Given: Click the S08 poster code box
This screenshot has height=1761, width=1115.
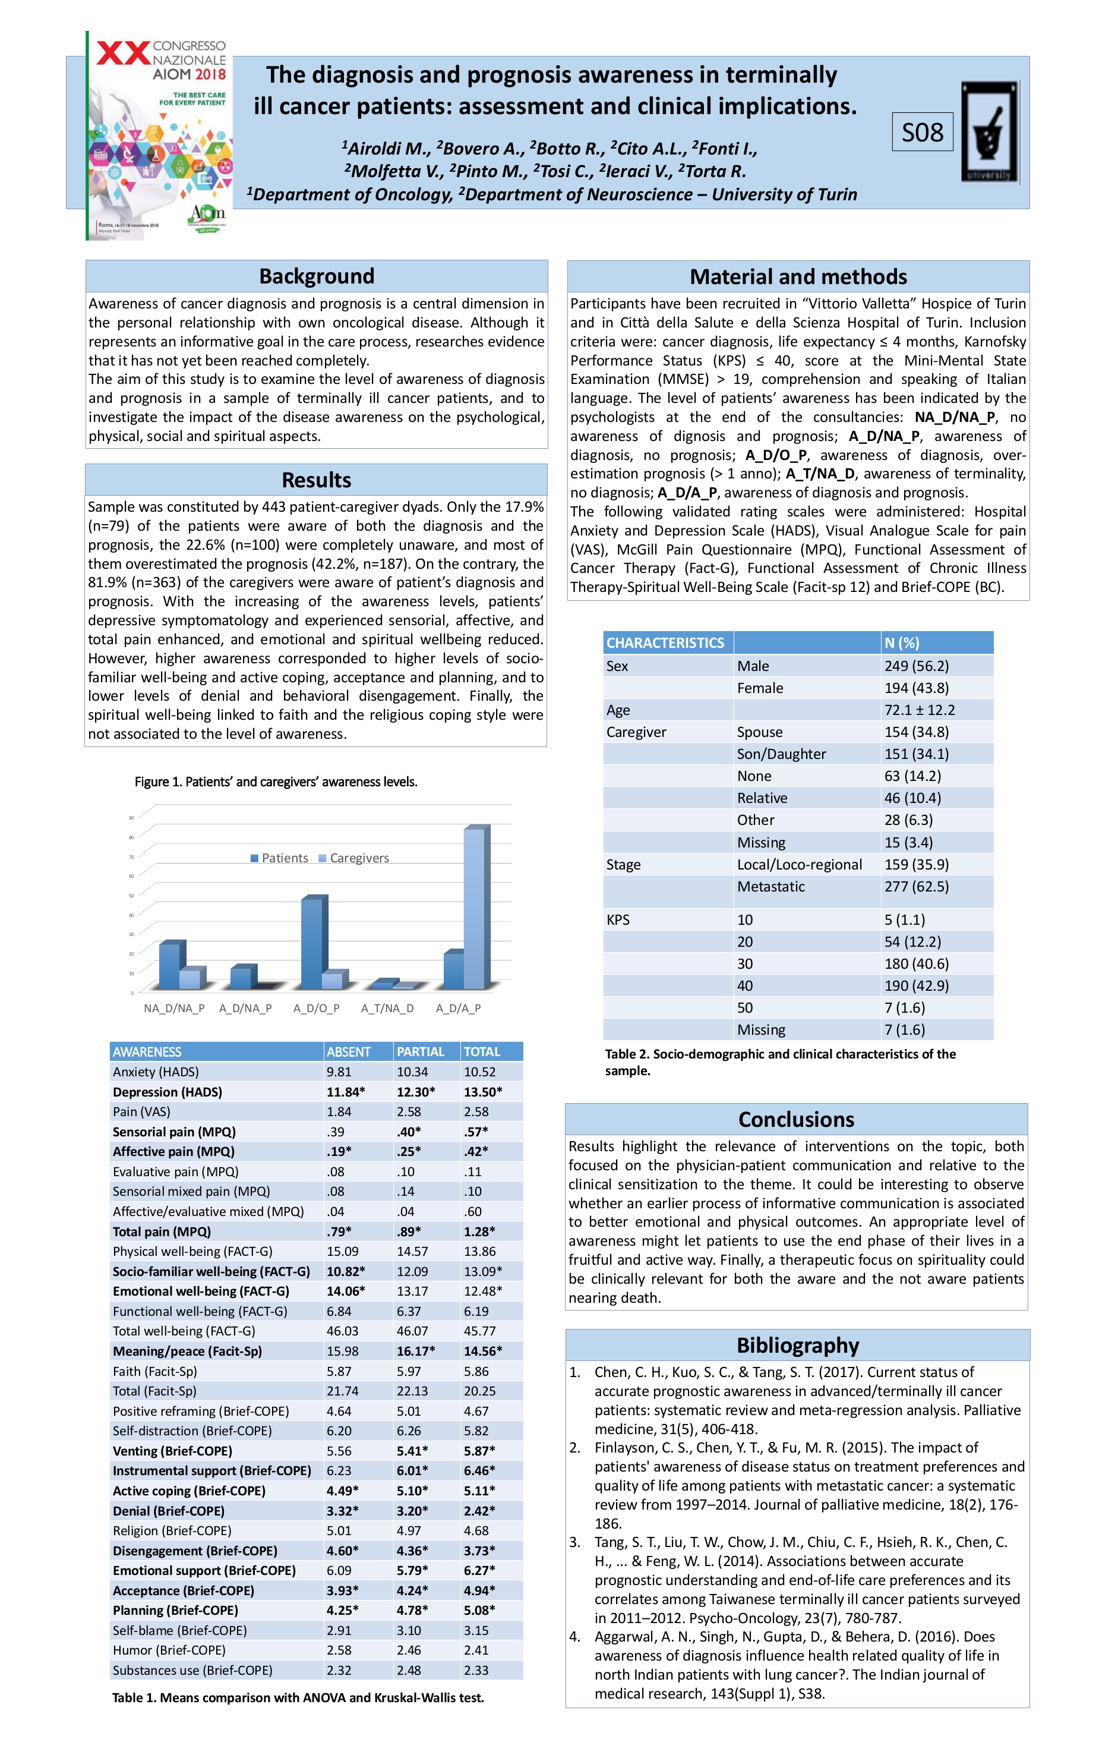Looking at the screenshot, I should (x=922, y=133).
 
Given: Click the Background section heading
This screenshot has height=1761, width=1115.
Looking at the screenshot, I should (x=317, y=276).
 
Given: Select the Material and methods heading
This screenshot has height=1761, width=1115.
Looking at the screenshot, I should (x=798, y=277).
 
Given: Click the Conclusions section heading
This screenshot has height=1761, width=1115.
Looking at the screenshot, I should (x=795, y=1120).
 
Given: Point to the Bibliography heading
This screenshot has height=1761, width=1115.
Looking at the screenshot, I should (x=797, y=1346).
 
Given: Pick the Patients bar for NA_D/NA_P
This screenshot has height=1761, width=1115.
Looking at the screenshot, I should (x=170, y=965).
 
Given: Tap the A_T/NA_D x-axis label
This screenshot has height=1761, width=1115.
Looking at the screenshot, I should (x=387, y=1009).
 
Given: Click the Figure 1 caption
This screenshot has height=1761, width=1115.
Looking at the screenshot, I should (x=276, y=782).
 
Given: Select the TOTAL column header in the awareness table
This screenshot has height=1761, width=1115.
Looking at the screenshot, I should (x=482, y=1051).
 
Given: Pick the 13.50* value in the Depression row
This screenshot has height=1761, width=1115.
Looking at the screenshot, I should (x=482, y=1092).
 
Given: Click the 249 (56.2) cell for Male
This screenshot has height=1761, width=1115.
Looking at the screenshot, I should (x=916, y=666).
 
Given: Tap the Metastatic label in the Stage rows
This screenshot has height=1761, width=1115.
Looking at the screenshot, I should (x=770, y=886).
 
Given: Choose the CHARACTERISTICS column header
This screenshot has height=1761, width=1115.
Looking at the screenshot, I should (x=665, y=643).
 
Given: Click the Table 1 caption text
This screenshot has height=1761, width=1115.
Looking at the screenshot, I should (x=298, y=1697).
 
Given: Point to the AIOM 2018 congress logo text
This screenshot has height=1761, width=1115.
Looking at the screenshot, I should (x=189, y=74).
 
